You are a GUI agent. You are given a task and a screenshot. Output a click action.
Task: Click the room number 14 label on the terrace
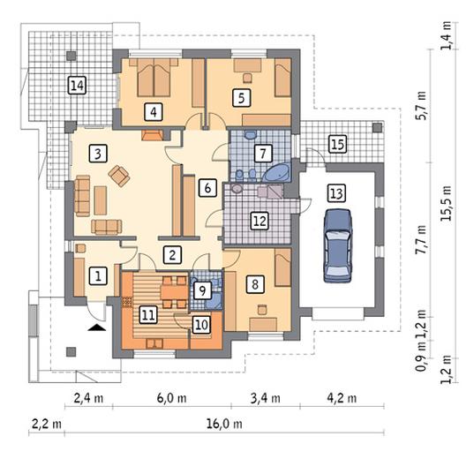(x=78, y=86)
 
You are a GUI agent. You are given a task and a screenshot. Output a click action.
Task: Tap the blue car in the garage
(x=338, y=245)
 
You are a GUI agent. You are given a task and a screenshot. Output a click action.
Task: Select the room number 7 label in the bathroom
(x=263, y=153)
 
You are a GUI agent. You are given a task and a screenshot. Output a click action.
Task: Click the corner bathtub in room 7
(x=276, y=172)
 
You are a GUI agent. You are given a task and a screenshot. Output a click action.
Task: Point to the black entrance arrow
(x=97, y=327)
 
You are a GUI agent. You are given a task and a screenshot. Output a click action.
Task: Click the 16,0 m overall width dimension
(x=224, y=424)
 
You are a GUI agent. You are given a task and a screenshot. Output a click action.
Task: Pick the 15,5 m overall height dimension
(x=447, y=203)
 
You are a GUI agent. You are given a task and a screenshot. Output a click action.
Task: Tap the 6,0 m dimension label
(x=171, y=398)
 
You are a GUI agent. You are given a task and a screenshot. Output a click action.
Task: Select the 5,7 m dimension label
(x=421, y=106)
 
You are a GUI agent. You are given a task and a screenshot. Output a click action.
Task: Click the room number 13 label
(x=337, y=193)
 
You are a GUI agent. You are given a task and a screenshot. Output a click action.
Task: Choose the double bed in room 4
(x=154, y=78)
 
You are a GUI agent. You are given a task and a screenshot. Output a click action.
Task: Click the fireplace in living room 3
(x=153, y=135)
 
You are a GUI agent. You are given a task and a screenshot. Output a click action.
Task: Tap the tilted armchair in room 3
(x=119, y=176)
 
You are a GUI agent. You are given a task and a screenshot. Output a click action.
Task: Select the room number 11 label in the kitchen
(x=148, y=315)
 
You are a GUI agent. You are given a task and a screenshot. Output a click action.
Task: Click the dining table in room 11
(x=175, y=292)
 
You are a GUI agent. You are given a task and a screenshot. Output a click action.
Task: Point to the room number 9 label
(x=202, y=291)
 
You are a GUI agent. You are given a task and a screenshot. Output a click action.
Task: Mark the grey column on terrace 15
(x=377, y=127)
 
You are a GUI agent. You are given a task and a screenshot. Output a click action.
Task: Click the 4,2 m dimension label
(x=342, y=398)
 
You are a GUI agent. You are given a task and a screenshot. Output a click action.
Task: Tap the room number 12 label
(x=260, y=221)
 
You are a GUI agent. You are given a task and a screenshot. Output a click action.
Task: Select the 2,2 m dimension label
(x=47, y=424)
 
